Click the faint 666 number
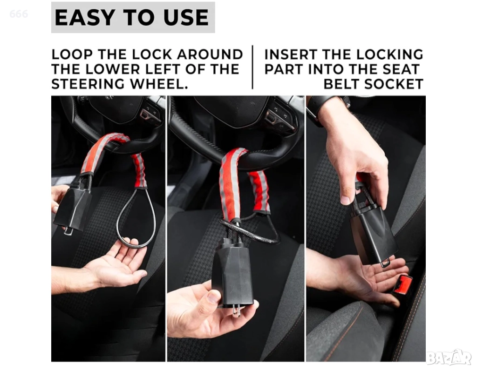(x=19, y=13)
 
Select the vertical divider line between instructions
(x=252, y=67)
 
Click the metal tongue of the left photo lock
(x=68, y=231)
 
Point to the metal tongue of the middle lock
(x=236, y=311)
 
